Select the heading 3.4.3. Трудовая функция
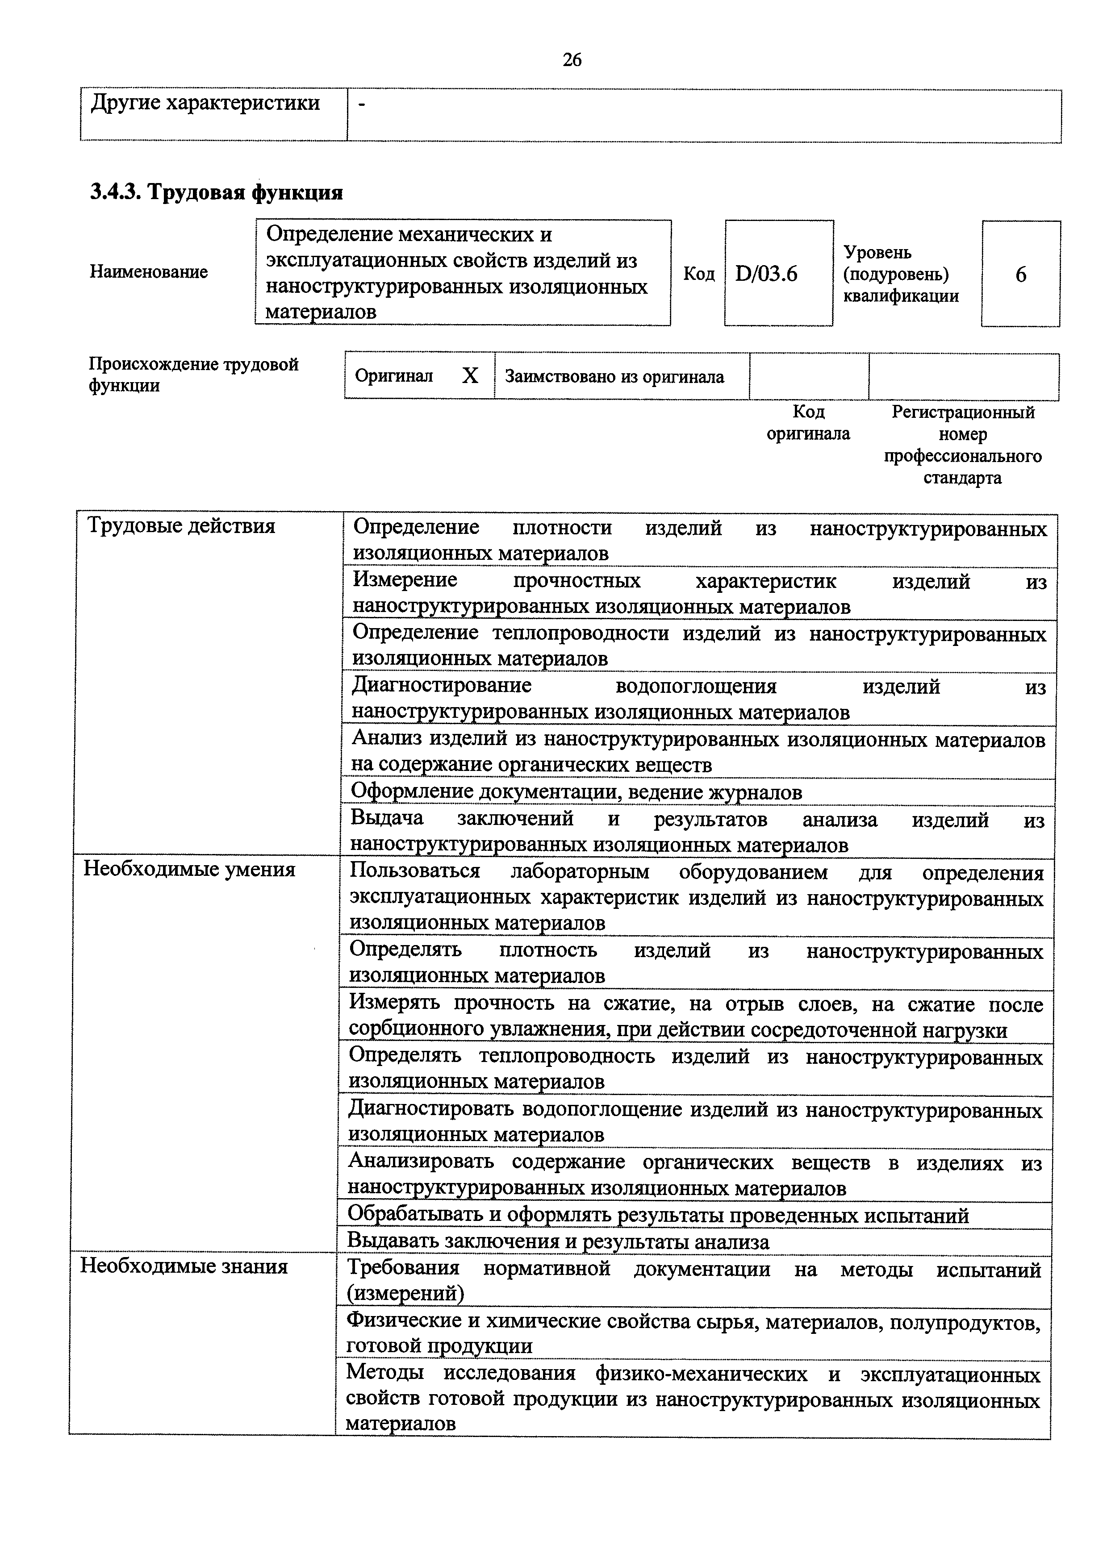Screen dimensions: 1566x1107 click(216, 193)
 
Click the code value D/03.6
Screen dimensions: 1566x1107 click(766, 274)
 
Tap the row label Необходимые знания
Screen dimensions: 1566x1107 click(184, 1266)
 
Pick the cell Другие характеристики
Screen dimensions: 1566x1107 click(205, 104)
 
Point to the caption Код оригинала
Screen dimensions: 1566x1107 click(808, 423)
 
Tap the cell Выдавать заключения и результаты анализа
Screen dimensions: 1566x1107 click(558, 1242)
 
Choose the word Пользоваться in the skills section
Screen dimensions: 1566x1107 click(415, 872)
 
